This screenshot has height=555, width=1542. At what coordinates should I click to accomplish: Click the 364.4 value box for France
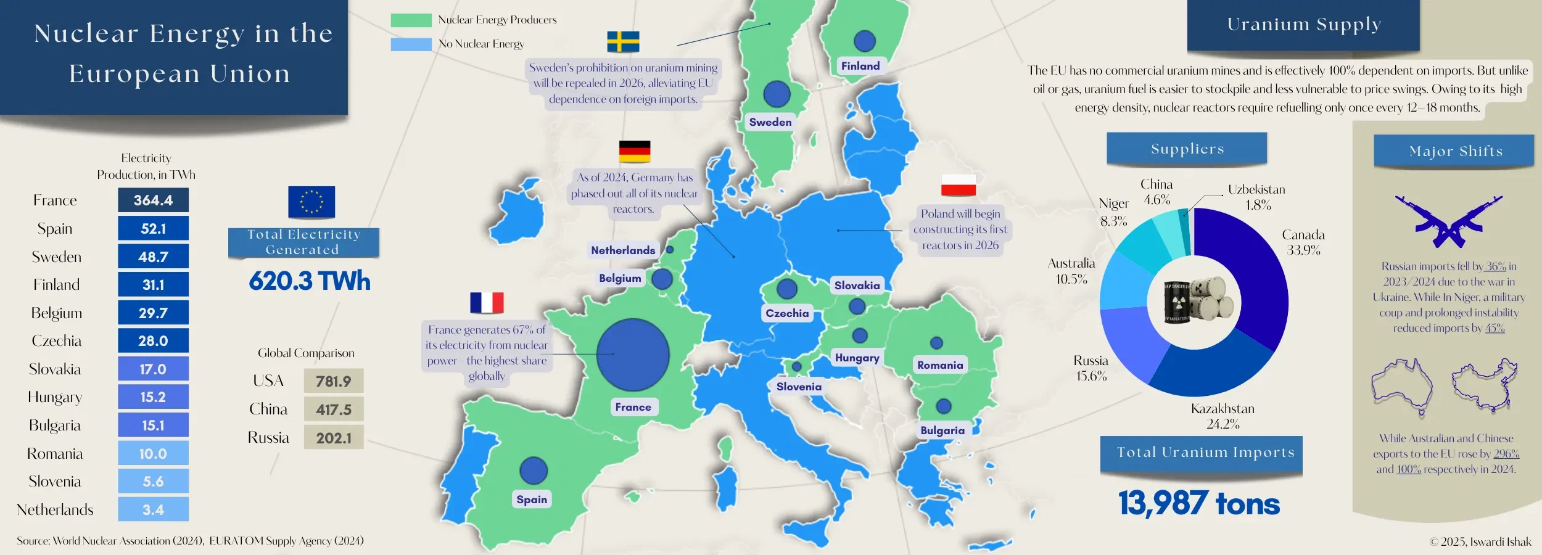[x=153, y=200]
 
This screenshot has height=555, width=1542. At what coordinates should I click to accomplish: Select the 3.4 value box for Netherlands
[x=153, y=509]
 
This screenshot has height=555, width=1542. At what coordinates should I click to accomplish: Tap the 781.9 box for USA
[x=333, y=381]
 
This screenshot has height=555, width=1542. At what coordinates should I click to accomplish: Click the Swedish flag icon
[x=623, y=41]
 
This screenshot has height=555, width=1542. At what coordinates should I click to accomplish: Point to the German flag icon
[x=635, y=151]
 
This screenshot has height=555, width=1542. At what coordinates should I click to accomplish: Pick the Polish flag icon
[x=959, y=184]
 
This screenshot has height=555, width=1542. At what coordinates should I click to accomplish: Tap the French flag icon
[x=487, y=303]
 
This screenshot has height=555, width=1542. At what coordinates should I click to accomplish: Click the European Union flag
[x=311, y=202]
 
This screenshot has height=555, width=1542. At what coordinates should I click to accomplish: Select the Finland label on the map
[x=860, y=66]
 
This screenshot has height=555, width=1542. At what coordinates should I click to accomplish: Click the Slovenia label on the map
[x=799, y=387]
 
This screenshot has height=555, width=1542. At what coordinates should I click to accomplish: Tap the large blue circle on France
[x=633, y=355]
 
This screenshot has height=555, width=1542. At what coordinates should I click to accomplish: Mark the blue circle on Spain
[x=534, y=471]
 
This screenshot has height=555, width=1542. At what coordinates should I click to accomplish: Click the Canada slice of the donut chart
[x=1258, y=271]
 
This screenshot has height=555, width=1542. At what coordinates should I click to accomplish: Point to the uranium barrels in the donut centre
[x=1194, y=302]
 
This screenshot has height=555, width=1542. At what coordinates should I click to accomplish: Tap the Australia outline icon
[x=1401, y=386]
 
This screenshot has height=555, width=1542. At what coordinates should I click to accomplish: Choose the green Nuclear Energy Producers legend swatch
[x=411, y=20]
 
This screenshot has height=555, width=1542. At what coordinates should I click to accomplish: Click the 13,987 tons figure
[x=1199, y=504]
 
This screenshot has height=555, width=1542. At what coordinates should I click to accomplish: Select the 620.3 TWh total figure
[x=310, y=281]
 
